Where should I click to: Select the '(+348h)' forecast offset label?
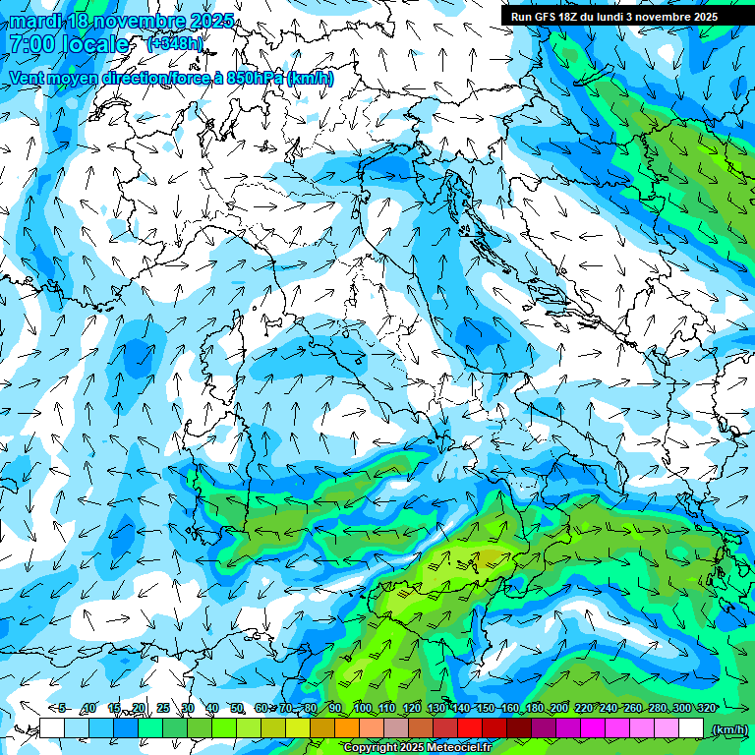175,43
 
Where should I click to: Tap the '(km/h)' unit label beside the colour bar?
728,729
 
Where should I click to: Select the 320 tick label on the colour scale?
706,708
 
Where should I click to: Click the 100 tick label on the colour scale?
362,708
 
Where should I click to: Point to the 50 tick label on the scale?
237,708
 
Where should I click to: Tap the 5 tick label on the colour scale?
63,708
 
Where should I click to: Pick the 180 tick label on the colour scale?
534,708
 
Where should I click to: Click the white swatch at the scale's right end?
691,728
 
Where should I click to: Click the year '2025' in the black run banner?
699,17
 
